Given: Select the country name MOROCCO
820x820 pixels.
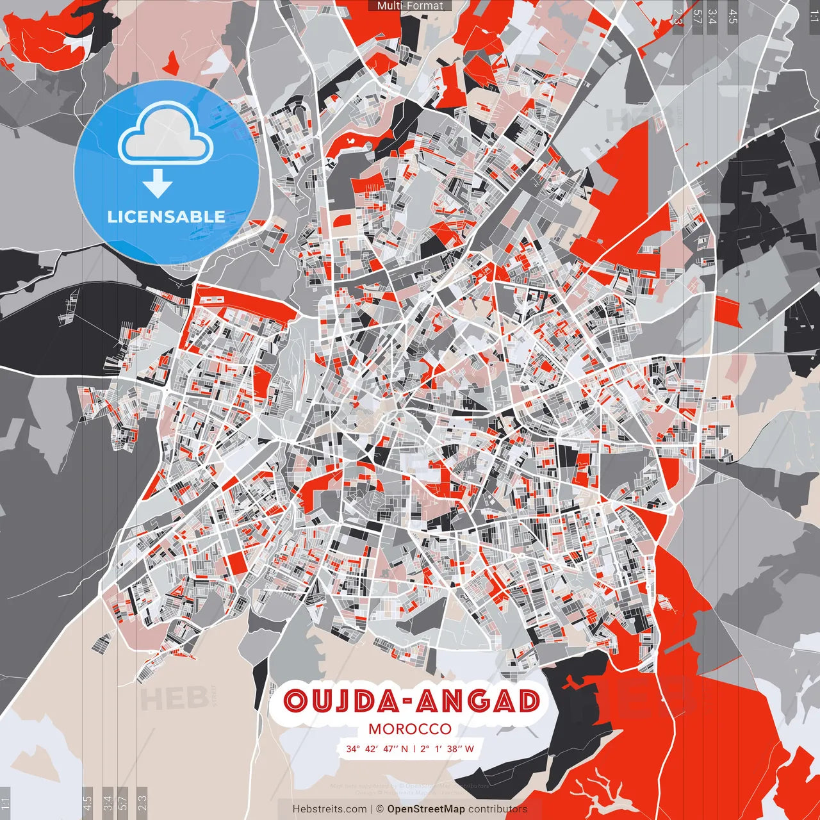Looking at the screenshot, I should (410, 729).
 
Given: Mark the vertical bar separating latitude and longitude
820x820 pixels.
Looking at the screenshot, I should (414, 748).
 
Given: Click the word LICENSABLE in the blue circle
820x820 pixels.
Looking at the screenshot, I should (167, 217).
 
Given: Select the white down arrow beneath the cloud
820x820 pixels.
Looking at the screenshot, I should (158, 184).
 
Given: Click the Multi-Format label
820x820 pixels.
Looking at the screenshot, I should (410, 6).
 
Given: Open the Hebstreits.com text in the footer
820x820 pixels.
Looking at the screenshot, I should (329, 809).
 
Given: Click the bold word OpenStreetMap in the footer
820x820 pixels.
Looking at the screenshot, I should (426, 809).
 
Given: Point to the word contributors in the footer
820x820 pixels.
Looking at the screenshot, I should (498, 809).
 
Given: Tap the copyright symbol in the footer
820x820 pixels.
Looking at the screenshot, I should (379, 809).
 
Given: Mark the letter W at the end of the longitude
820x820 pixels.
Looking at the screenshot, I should (470, 748).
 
